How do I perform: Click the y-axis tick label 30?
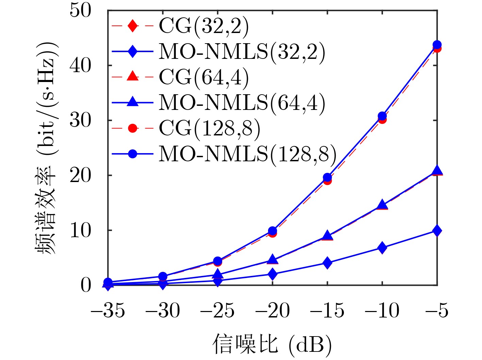(80, 120)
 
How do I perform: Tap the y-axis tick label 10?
(80, 230)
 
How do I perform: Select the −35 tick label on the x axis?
(108, 311)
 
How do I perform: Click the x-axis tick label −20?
(272, 311)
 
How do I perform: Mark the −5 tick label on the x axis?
(437, 311)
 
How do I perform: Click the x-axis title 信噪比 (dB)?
(272, 344)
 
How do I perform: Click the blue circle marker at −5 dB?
(437, 45)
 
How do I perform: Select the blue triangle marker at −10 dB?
(382, 205)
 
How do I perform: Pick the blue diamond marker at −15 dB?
(327, 263)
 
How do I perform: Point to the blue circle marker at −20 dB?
(272, 231)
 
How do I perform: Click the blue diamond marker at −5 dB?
(437, 231)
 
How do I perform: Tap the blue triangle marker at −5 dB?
(437, 170)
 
